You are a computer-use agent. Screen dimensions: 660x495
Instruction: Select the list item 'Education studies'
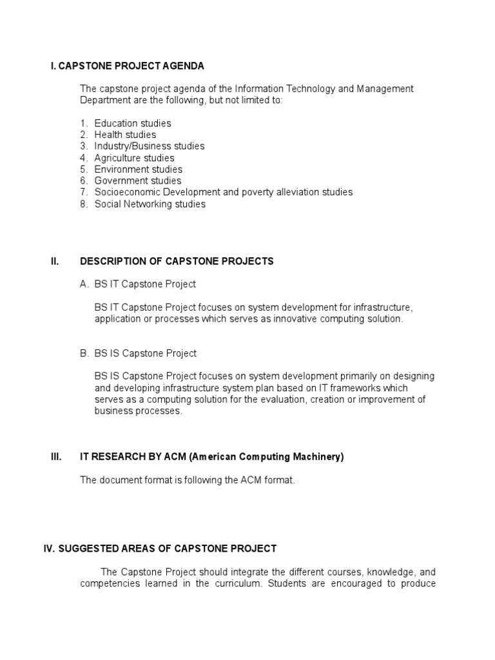(132, 123)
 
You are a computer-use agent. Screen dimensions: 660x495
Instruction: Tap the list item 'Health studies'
(125, 135)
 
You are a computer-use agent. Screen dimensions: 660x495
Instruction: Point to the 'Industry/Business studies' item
(149, 146)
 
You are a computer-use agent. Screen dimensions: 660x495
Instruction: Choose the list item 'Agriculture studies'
(134, 158)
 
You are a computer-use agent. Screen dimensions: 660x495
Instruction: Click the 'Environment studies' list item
(138, 170)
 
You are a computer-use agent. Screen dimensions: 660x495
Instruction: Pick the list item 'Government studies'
(137, 181)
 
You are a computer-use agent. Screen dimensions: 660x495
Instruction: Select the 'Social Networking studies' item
(150, 204)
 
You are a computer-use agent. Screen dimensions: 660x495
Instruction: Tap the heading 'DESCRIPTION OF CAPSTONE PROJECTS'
(177, 262)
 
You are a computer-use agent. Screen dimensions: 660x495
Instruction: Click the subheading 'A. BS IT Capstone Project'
(138, 284)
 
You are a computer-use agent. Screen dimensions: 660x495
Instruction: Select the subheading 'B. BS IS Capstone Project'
(138, 353)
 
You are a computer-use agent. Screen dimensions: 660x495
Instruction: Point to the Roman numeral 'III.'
(56, 457)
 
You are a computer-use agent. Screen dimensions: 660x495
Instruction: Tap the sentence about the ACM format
(187, 480)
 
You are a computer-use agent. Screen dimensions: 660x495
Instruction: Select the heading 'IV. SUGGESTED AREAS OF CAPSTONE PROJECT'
(159, 548)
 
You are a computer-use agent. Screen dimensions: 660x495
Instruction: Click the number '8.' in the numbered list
(84, 204)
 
